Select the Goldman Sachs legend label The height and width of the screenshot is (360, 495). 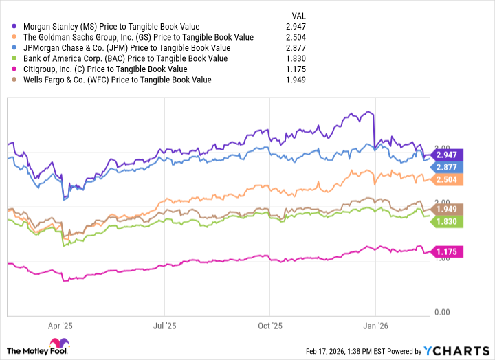(x=138, y=36)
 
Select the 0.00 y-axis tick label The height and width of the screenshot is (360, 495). (x=442, y=312)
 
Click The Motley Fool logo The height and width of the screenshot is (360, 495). (x=42, y=347)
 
